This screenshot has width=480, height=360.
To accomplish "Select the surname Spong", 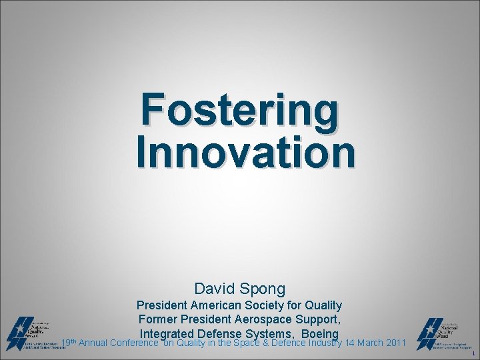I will point(264,289).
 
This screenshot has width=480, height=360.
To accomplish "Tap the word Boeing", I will point(320,333).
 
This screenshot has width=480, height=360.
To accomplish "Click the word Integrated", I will point(166,333).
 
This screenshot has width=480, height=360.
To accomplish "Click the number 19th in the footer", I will point(68,343).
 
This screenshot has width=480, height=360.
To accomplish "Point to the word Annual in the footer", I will point(93,343).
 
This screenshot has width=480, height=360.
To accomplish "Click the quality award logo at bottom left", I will point(33,333).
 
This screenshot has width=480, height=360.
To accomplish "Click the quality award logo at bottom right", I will point(443,333).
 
